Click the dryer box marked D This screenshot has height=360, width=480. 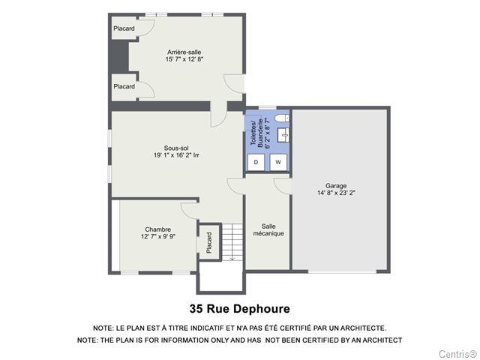[256, 162]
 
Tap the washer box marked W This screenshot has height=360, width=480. [278, 162]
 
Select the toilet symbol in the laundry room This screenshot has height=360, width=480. [282, 118]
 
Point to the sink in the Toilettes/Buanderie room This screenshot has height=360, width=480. [283, 135]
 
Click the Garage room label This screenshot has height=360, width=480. [336, 186]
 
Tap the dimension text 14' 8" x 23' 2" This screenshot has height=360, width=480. [336, 193]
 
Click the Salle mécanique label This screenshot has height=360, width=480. [268, 230]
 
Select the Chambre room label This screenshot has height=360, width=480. [158, 229]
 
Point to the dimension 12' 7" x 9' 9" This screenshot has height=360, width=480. [158, 236]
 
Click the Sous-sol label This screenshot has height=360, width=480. [176, 148]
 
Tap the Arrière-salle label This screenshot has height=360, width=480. [184, 52]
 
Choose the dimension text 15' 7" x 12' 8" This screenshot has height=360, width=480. [184, 59]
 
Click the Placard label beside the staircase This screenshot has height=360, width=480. [209, 242]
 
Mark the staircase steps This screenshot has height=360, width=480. [232, 241]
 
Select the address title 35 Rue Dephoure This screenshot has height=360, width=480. [240, 308]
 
